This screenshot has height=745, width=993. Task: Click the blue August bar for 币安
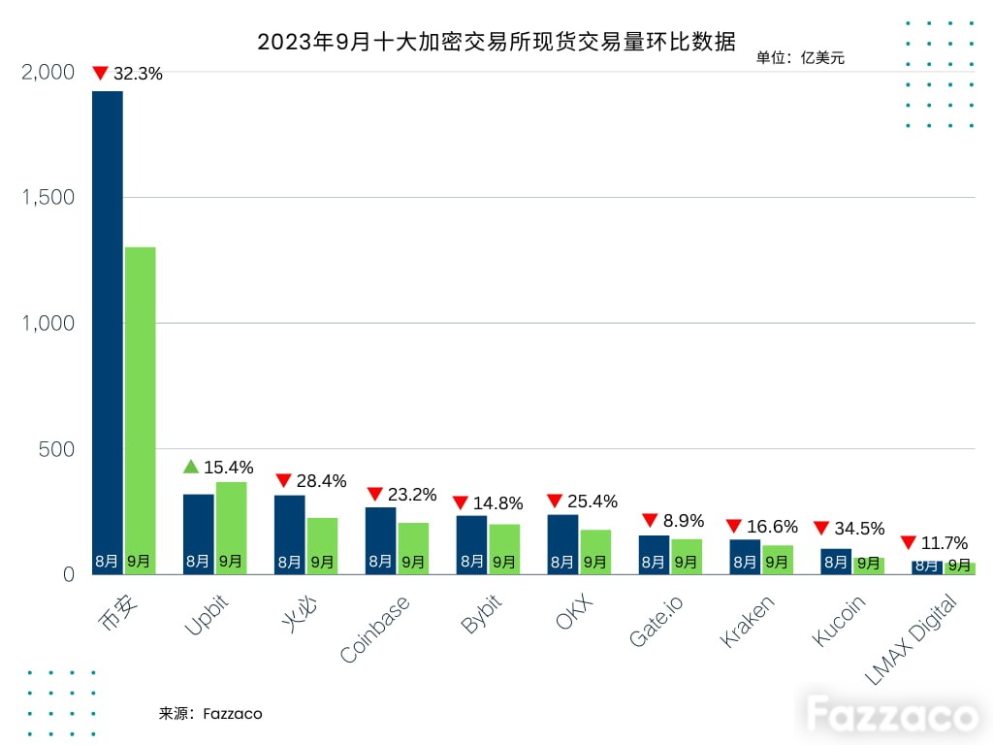[108, 333]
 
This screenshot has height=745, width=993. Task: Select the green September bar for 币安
[140, 410]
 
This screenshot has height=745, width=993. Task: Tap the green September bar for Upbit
[231, 529]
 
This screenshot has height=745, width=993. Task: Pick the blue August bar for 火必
[289, 534]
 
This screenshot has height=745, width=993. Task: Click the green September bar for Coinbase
[413, 549]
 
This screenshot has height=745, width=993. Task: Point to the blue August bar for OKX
[563, 545]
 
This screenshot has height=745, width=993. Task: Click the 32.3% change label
[138, 74]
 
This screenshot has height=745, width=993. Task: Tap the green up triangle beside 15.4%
[191, 467]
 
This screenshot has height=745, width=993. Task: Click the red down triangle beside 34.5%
[821, 528]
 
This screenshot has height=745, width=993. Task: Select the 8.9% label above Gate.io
[684, 521]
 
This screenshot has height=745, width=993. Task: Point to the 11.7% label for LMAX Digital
[945, 543]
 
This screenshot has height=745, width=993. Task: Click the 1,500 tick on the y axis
[48, 198]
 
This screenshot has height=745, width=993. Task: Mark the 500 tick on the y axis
[56, 449]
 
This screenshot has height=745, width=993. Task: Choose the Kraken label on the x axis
[748, 621]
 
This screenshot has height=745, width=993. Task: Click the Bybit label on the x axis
[481, 614]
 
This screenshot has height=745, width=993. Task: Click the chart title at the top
[496, 42]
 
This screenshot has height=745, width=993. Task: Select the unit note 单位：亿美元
[800, 57]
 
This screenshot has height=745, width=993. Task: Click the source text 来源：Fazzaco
[210, 714]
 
